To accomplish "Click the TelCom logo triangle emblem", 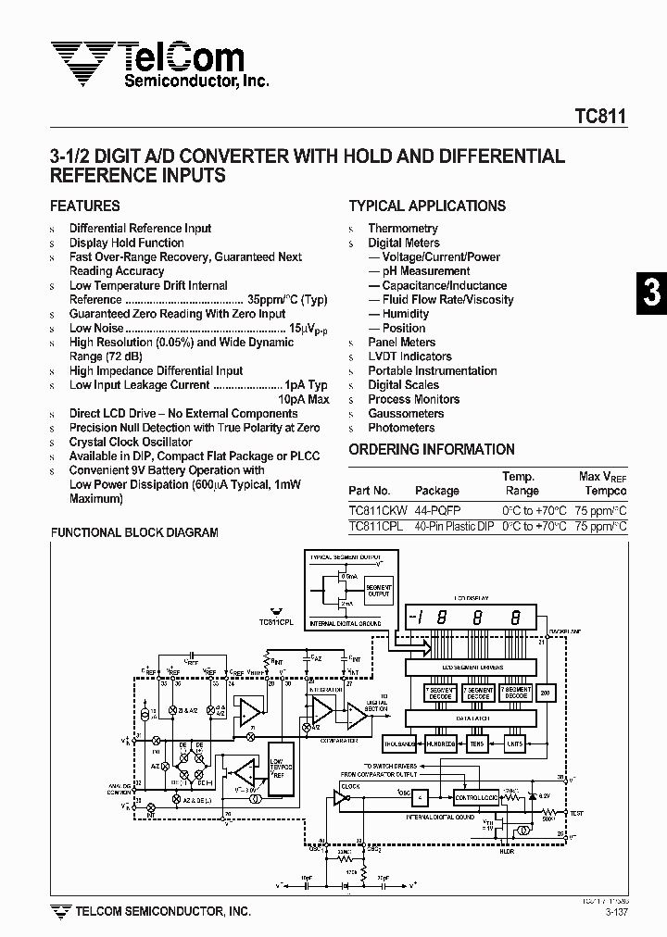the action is point(82,62).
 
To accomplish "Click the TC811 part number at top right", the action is point(600,117).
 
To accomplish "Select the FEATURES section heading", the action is point(84,206).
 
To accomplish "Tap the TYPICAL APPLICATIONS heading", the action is point(427,206).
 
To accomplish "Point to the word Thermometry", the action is point(403,229).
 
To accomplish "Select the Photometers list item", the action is point(401,428).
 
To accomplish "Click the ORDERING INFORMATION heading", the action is point(432,450).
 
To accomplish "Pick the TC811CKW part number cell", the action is point(376,510).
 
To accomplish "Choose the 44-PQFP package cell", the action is point(437,510).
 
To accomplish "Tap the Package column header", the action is point(436,491).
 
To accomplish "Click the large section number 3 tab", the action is point(651,293).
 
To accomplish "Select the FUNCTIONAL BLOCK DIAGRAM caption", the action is point(133,533).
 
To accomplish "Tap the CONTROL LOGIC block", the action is point(476,796).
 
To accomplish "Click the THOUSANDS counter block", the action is point(401,743).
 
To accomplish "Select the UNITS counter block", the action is point(515,743).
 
